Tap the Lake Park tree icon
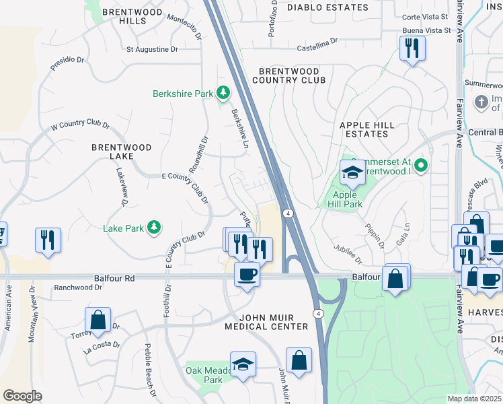coord(155,228)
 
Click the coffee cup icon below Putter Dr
coord(247,275)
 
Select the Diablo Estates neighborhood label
coord(327,7)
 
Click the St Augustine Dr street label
coord(152,49)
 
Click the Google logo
coord(22,396)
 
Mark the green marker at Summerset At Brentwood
coord(421,164)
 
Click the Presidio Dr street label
coord(67,63)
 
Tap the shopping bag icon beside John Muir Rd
coord(298,360)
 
